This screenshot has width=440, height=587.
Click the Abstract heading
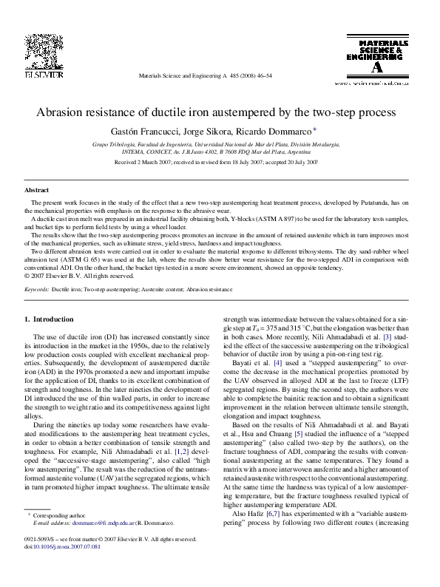(37, 190)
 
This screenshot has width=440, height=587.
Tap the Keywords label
(36, 291)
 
